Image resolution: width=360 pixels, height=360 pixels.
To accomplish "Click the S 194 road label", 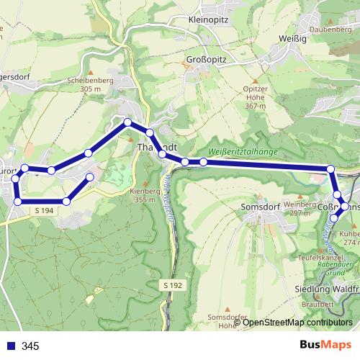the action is pos(43,210).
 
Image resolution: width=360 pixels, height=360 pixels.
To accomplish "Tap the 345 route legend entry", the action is pos(30,346).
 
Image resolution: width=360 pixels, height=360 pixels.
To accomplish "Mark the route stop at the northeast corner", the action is pos(330,169).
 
